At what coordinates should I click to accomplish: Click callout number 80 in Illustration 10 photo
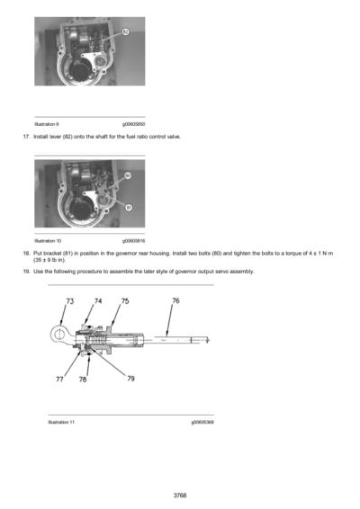coord(128,176)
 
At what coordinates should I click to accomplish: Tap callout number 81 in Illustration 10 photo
coord(128,207)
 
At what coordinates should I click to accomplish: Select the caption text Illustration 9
coord(47,123)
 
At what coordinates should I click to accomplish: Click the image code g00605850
coord(133,123)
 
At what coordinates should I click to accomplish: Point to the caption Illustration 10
coord(48,241)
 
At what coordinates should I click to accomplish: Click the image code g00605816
coord(133,241)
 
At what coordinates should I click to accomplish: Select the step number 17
coord(25,136)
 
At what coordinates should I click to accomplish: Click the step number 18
coord(25,254)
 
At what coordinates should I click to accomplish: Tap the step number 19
coord(25,271)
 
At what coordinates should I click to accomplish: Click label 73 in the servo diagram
coord(70,302)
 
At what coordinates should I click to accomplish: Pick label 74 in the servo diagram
coord(98,302)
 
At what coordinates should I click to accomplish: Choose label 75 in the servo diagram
coord(124,302)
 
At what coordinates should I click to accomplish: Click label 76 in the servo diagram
coord(175,302)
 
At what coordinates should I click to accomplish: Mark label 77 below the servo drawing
coord(59,380)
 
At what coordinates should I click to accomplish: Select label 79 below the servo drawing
coord(130,379)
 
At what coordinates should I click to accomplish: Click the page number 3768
coord(180,494)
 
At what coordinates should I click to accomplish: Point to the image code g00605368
coord(202,421)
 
